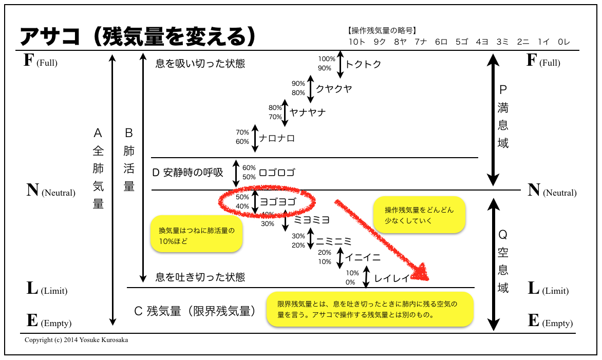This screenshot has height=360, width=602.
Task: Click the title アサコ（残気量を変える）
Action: (x=138, y=36)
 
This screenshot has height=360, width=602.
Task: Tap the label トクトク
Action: (x=363, y=64)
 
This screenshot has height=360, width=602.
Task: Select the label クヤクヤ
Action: (x=334, y=89)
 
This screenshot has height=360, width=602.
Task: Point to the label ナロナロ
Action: (x=277, y=138)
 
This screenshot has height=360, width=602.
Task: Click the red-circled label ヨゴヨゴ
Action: (x=278, y=202)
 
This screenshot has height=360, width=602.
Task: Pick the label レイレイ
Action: (x=392, y=278)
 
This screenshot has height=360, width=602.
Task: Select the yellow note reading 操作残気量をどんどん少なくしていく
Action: (x=419, y=215)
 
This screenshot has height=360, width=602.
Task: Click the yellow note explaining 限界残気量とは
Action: (x=370, y=309)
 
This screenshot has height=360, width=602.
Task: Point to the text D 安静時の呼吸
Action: (x=188, y=173)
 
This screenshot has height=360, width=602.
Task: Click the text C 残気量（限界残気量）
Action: (x=195, y=311)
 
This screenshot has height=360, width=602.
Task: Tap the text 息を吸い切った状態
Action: (x=200, y=63)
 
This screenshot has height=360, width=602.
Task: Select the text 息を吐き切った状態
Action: (x=200, y=277)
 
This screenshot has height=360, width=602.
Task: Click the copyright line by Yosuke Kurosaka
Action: (x=77, y=339)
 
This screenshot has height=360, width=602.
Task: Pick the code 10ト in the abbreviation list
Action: (x=356, y=42)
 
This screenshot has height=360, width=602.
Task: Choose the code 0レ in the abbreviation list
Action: (x=563, y=42)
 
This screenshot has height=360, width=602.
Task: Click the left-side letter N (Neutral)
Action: (x=51, y=191)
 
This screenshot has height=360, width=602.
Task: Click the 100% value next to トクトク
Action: (x=327, y=59)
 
